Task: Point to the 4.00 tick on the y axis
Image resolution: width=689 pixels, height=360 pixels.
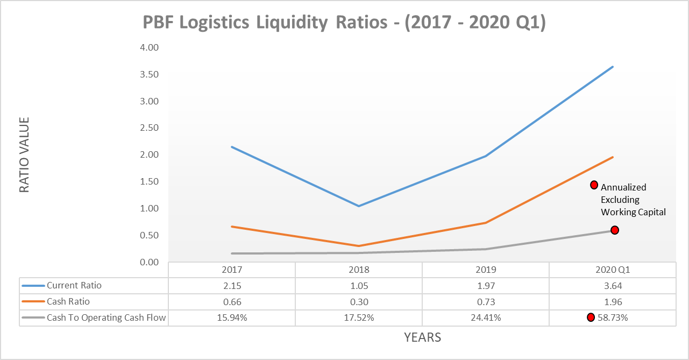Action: click(x=148, y=47)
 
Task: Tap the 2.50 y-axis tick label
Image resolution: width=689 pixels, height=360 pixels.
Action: click(x=148, y=128)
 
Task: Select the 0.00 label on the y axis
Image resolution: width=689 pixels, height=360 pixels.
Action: click(x=148, y=262)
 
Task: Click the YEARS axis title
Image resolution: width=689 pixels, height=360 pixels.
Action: click(x=422, y=338)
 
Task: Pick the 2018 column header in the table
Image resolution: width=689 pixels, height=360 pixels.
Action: click(x=359, y=270)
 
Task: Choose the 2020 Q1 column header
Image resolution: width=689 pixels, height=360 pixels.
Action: click(x=613, y=270)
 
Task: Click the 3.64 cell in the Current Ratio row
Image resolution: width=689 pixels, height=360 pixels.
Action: click(x=613, y=286)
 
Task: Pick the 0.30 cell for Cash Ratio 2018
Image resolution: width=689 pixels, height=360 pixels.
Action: click(x=359, y=302)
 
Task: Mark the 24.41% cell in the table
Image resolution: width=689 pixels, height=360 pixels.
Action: click(x=486, y=318)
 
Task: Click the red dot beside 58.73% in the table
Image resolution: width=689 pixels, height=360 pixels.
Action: click(x=591, y=317)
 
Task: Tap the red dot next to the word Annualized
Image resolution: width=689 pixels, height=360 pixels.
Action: click(x=594, y=185)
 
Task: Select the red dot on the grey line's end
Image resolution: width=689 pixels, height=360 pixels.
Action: click(x=615, y=230)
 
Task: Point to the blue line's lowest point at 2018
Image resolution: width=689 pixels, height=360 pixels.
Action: click(x=359, y=206)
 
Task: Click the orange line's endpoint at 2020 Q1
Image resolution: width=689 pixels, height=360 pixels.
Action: click(x=613, y=157)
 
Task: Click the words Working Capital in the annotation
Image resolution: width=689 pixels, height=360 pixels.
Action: click(x=633, y=213)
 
